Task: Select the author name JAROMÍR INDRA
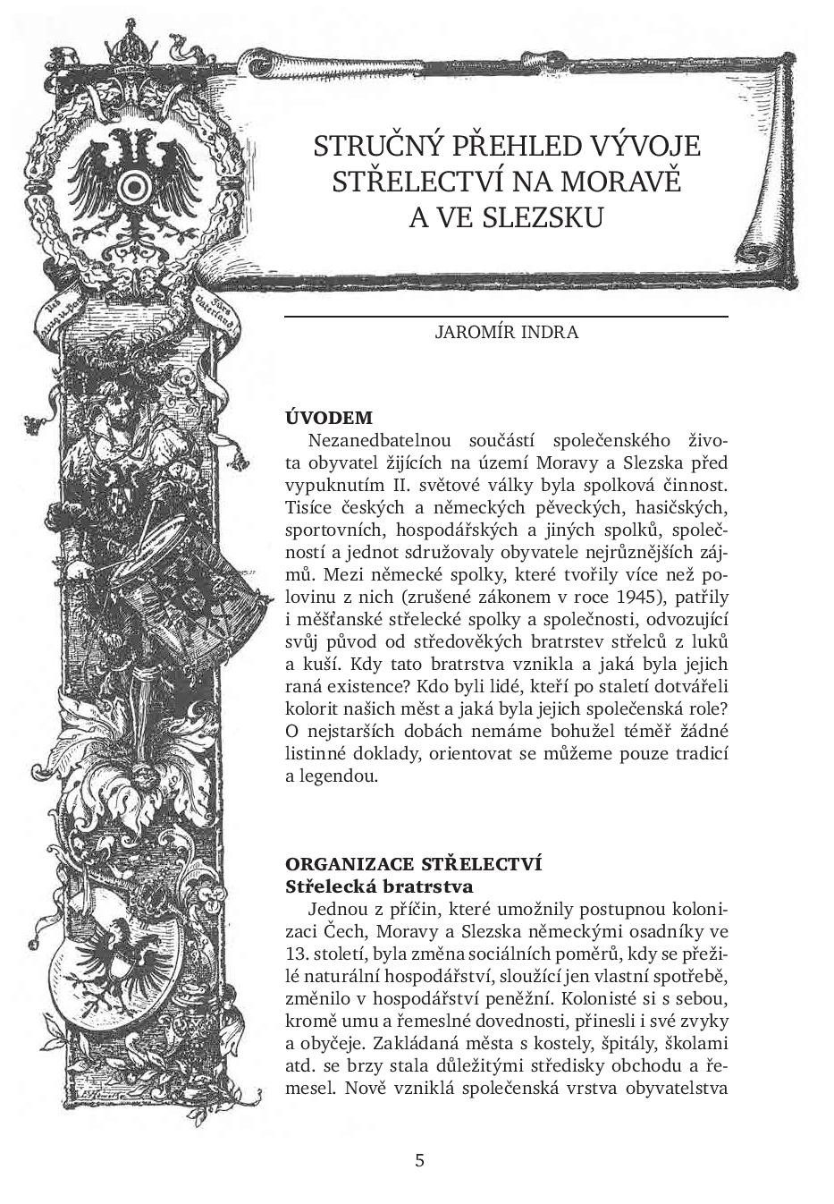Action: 506,332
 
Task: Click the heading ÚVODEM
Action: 328,418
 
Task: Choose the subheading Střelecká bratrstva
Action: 378,886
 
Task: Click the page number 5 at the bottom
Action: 419,1161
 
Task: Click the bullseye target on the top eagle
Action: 135,185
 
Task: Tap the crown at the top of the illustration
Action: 134,49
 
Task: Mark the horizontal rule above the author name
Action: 506,317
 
